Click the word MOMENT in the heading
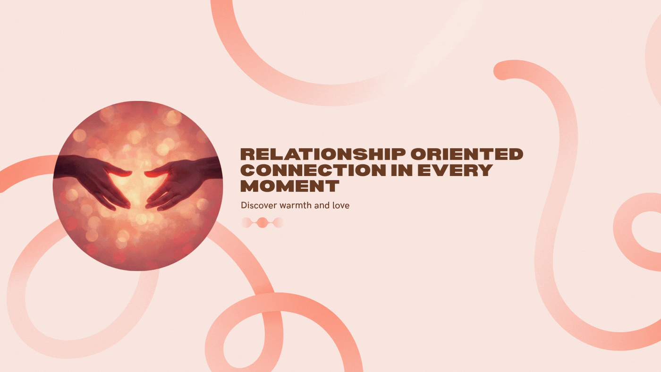coord(289,186)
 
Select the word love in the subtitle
coord(342,206)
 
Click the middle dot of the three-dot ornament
coord(262,222)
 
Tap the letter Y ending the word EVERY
coord(484,170)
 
